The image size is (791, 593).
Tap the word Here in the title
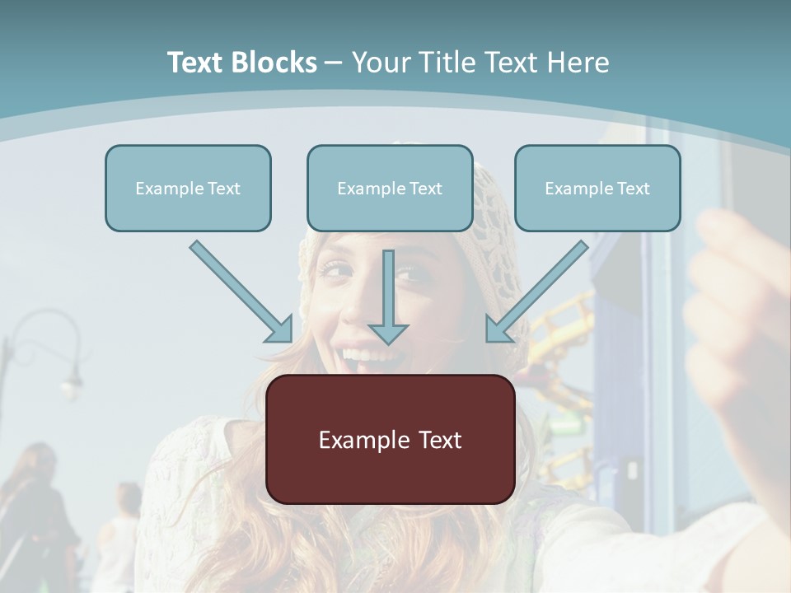click(x=576, y=63)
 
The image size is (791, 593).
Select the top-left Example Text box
click(x=188, y=188)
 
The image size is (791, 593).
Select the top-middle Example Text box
click(x=390, y=188)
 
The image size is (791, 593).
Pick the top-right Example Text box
click(x=597, y=188)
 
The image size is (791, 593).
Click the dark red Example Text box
click(x=390, y=439)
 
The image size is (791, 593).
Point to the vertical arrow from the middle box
click(x=388, y=296)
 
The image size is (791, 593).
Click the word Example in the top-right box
click(x=575, y=188)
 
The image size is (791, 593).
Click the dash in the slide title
click(x=334, y=63)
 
